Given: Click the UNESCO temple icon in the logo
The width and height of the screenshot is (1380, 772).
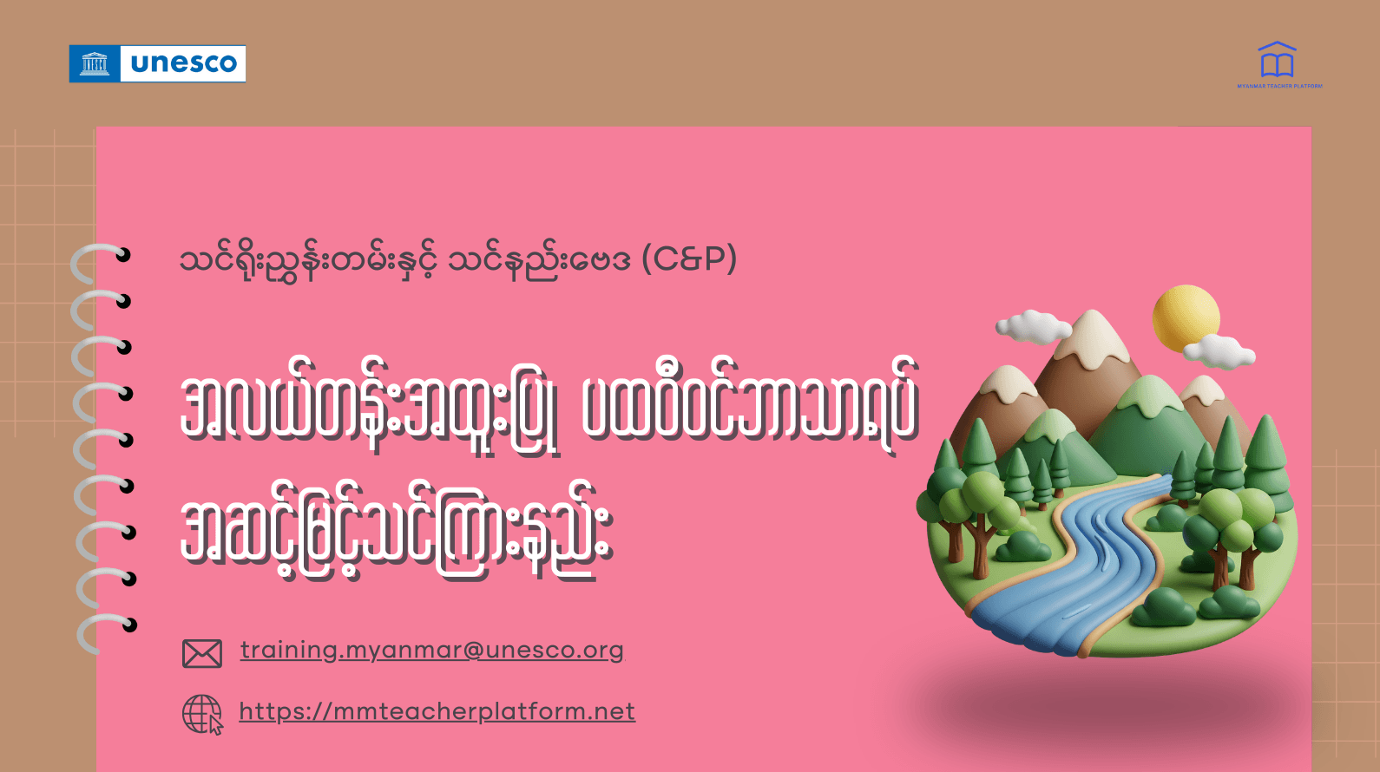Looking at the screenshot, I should pos(95,63).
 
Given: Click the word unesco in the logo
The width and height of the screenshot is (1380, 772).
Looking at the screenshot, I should pos(183,63).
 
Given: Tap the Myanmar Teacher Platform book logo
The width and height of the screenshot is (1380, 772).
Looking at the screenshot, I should pos(1277,62).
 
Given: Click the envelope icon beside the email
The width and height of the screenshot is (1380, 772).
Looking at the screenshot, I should pos(202,653).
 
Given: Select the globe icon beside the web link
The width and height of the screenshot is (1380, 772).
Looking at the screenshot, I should pos(201,714).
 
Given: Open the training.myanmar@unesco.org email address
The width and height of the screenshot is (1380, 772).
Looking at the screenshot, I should pos(431,650).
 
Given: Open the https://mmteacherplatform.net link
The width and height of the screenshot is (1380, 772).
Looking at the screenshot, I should pos(437,711).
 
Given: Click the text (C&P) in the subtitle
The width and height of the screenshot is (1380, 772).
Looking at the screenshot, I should pos(689,258).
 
